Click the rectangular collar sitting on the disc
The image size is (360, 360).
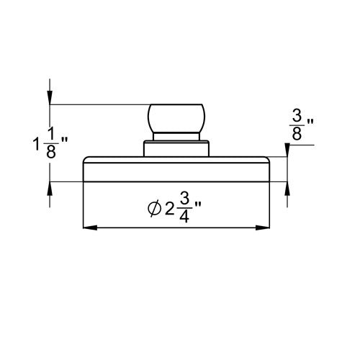tap(176, 149)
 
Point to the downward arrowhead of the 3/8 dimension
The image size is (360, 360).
tap(287, 150)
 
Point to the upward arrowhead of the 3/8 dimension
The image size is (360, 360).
tap(287, 188)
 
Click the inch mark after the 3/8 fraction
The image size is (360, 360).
tap(310, 135)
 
